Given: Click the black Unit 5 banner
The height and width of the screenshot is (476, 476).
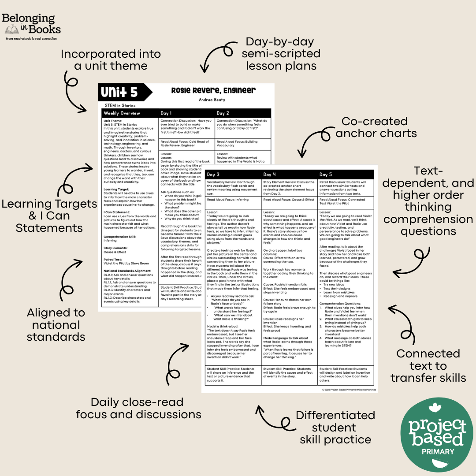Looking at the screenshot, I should [123, 93].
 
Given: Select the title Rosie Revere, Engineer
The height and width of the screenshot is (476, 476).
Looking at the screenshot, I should [213, 90].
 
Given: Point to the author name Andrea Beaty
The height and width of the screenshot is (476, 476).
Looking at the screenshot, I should [213, 100].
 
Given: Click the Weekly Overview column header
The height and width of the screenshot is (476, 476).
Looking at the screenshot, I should [122, 113].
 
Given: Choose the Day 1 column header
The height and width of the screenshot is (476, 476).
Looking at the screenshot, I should [166, 113].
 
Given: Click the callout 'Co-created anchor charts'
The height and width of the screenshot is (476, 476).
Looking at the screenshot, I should [376, 127].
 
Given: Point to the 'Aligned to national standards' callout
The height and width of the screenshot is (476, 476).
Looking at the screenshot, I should [56, 325].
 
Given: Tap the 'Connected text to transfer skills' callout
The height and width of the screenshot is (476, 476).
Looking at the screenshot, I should [428, 365].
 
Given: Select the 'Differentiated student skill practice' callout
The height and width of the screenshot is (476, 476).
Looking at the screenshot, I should [335, 427].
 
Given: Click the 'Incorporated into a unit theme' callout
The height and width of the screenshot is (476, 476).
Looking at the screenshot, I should [111, 60].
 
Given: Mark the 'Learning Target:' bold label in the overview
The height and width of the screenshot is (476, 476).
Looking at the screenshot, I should [116, 189].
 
